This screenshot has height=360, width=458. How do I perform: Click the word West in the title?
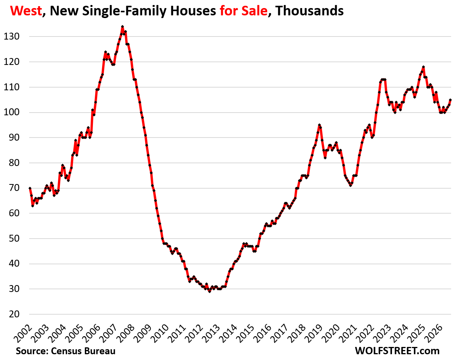pos(26,11)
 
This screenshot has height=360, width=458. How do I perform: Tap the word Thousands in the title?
pos(309,11)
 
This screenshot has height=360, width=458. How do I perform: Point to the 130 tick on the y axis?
pos(12,36)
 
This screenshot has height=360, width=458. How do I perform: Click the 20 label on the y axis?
pos(14,314)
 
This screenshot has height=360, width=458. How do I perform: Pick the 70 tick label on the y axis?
pos(14,188)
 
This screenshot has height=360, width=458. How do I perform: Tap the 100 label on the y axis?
pos(12,113)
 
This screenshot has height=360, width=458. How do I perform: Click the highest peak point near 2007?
pos(122,27)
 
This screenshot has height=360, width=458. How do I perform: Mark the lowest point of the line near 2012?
pos(210,291)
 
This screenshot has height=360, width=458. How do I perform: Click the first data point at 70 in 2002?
pos(30,188)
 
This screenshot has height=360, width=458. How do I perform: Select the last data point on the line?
pos(450,100)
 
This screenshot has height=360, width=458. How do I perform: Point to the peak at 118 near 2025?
pos(423,67)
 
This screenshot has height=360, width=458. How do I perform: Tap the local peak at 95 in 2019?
pos(319,125)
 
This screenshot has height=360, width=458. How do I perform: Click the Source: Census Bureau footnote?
pos(66,351)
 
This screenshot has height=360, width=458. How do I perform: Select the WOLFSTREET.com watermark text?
pos(397,351)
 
